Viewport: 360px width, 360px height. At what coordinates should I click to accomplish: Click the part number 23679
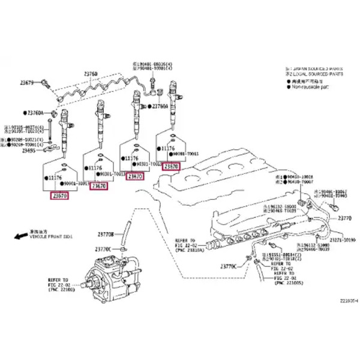pyautogui.click(x=26, y=83)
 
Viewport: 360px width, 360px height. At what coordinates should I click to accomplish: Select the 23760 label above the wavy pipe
pyautogui.click(x=91, y=74)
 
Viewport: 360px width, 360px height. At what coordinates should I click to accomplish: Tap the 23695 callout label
pyautogui.click(x=28, y=152)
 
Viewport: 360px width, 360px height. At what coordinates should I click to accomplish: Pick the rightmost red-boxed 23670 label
pyautogui.click(x=172, y=166)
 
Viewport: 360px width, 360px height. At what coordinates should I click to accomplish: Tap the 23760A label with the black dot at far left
pyautogui.click(x=35, y=113)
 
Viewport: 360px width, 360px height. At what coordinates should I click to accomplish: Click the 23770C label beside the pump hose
pyautogui.click(x=105, y=248)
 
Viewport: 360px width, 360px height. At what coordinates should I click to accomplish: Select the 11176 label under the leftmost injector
pyautogui.click(x=55, y=178)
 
